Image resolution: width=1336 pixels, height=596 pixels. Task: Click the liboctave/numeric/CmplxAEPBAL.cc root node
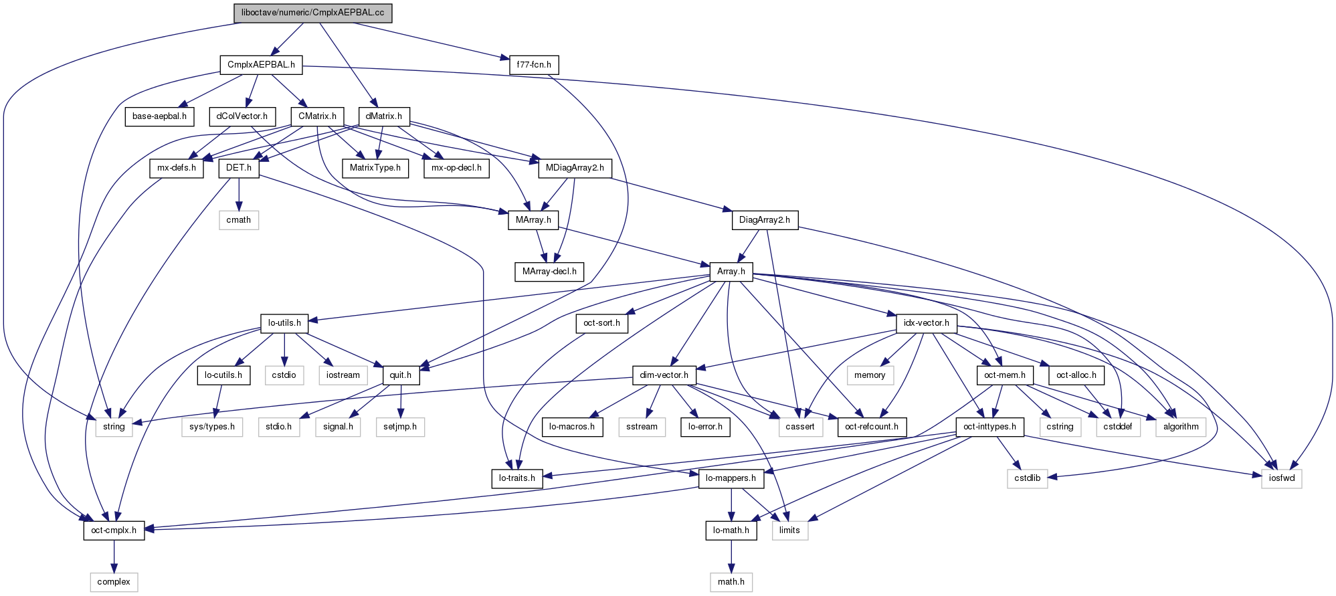click(312, 13)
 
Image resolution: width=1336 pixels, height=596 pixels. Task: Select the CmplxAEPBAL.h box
click(261, 65)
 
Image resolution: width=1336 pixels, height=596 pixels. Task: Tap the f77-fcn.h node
click(534, 65)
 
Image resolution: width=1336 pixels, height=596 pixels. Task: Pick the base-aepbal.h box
click(159, 116)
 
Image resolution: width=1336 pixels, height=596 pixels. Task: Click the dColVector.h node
click(242, 116)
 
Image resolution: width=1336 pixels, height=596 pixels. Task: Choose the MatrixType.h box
click(375, 168)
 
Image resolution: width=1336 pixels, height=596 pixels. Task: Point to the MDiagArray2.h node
click(575, 168)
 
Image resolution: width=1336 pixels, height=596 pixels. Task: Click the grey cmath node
click(239, 220)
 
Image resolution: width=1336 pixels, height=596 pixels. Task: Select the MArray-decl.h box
click(549, 272)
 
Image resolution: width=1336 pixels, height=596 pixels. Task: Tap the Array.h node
click(731, 272)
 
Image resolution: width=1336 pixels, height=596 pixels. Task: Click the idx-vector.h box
click(926, 323)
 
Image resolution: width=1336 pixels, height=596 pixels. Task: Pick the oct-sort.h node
click(601, 323)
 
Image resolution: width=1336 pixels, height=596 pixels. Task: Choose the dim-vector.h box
click(664, 375)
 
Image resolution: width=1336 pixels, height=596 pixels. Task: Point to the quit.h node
click(401, 375)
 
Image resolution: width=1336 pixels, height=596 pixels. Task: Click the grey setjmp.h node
click(400, 427)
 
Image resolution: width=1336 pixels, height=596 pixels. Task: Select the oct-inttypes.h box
click(989, 427)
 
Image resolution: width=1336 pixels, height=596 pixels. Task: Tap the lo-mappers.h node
click(731, 478)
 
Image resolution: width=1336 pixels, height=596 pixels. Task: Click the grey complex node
click(114, 582)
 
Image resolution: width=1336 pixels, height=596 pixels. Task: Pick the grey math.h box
click(731, 582)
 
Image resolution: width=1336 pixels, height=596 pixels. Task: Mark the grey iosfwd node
click(1281, 478)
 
